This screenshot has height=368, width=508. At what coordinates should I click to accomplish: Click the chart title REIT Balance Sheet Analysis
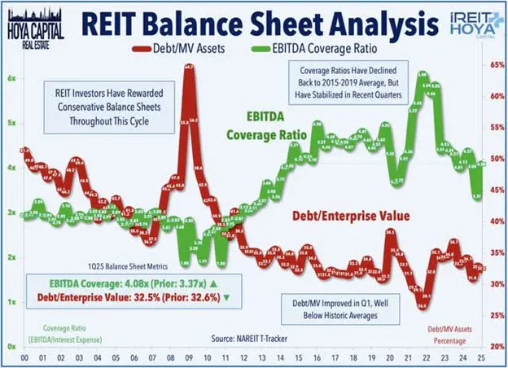(x=259, y=20)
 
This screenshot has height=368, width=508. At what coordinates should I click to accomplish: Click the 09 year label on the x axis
(x=186, y=356)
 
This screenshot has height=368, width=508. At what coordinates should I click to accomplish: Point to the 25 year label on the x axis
(x=482, y=356)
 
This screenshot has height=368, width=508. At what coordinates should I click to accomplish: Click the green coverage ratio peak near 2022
(x=422, y=76)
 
